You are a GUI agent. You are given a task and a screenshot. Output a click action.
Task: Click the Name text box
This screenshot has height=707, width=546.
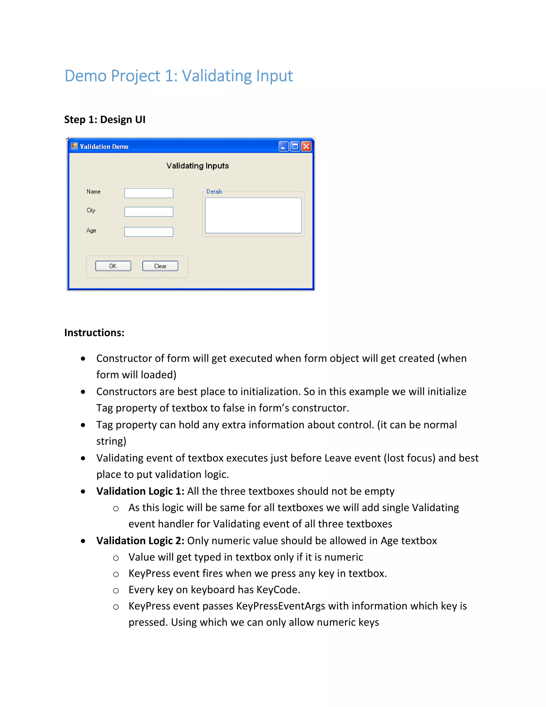pos(148,193)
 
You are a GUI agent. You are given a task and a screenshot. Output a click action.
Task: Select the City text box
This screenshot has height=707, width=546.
pos(148,212)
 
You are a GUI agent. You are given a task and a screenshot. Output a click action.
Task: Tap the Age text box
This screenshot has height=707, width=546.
pos(148,232)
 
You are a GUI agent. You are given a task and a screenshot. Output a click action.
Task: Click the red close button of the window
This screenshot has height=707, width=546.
pos(306,146)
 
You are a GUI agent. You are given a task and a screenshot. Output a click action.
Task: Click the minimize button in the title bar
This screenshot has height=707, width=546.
pos(283,146)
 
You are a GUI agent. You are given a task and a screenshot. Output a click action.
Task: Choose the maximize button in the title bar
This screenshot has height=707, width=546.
pos(295,146)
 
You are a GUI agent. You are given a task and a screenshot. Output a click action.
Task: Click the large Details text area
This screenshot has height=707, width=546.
pos(253,215)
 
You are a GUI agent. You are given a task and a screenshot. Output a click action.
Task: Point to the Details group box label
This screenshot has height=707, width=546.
pos(214,192)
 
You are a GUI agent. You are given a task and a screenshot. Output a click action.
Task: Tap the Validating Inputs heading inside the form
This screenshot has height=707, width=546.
pos(197,166)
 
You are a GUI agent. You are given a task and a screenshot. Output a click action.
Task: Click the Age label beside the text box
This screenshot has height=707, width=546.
pos(91,231)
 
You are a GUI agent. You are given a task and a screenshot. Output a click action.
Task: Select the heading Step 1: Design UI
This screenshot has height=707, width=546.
pos(105,120)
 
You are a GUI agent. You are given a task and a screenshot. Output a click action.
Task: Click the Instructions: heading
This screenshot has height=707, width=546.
pos(94,332)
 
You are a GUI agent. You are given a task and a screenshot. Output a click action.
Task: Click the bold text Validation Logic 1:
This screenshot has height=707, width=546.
pos(140,491)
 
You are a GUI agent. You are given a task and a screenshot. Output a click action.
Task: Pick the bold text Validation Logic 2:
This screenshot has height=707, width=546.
pos(140,541)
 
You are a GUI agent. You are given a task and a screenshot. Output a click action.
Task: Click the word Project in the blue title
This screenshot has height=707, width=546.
pos(135,76)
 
